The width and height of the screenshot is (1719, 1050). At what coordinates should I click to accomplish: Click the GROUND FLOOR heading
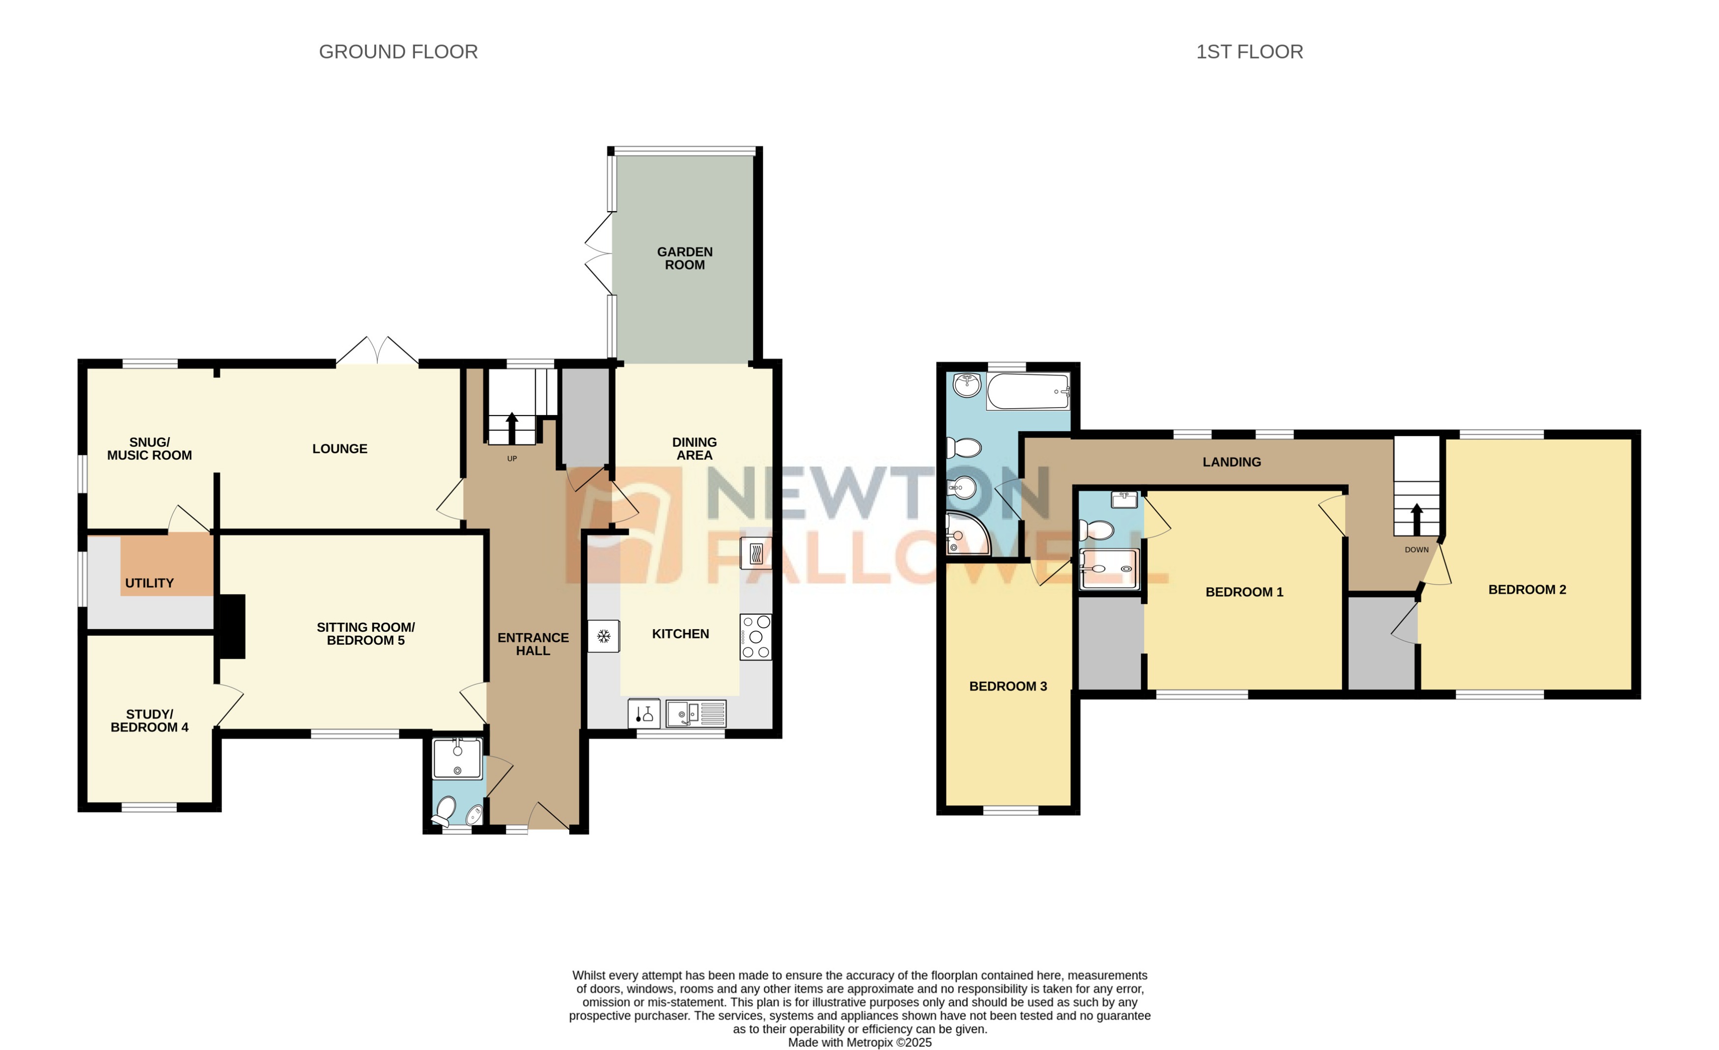(x=398, y=52)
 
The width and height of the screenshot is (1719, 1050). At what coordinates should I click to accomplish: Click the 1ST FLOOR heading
(x=1249, y=52)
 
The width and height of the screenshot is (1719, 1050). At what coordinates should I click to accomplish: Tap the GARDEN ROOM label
(x=684, y=258)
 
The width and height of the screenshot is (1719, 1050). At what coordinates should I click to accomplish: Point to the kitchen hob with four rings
(x=755, y=637)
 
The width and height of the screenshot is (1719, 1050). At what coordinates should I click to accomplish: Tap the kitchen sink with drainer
(x=695, y=714)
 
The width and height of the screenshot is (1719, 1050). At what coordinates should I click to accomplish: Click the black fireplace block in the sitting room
(x=232, y=626)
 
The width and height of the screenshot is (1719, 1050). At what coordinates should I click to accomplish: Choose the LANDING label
(x=1231, y=462)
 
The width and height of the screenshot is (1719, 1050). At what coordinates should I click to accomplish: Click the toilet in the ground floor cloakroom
(x=444, y=811)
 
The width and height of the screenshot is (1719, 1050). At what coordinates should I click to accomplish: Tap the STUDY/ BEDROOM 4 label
(x=149, y=720)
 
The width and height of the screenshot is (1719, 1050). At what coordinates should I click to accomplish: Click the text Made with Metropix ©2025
(x=859, y=1042)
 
